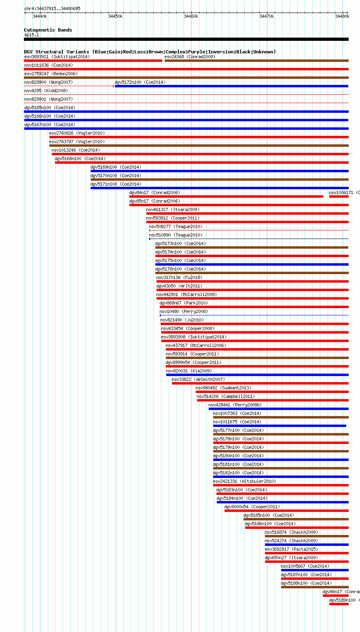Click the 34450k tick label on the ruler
coord(115,16)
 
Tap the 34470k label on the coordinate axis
coord(267,16)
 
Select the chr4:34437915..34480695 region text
coord(52,9)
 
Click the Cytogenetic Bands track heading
coord(48,30)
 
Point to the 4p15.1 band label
coord(32,35)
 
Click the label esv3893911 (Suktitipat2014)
coord(57,57)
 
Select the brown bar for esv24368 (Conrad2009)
coord(256,61)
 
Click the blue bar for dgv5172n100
coord(231,86)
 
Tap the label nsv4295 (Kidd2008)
coord(46,91)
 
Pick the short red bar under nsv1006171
coord(339,197)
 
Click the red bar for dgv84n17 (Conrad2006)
coord(226,197)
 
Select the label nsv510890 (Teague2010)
coord(176,235)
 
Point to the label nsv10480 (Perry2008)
coord(184,311)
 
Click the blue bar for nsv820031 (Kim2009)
coord(257,375)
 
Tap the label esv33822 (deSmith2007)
coord(198,379)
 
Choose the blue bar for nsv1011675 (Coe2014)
coord(280,426)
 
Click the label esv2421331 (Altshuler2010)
coord(244,481)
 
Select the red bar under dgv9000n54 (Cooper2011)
coord(287,511)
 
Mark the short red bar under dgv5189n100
coord(339,604)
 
